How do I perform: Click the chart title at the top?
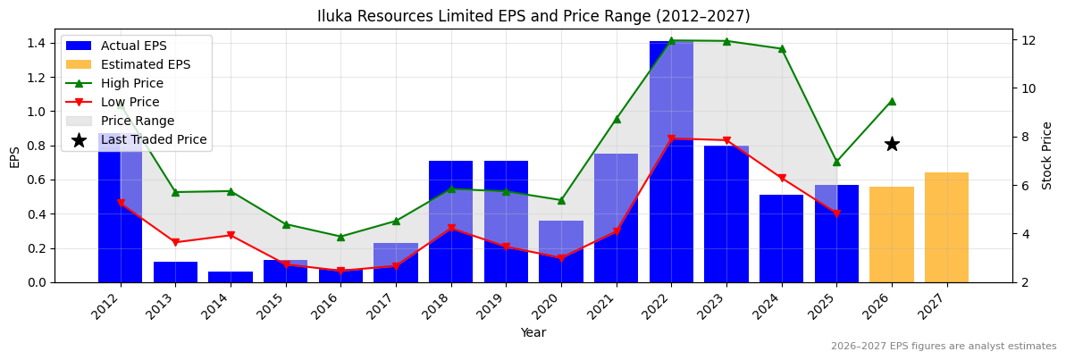coord(533,16)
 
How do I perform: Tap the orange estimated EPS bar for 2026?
coord(891,234)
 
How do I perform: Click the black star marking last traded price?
coord(892,144)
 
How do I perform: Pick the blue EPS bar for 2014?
coord(231,277)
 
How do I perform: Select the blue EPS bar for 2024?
coord(781,239)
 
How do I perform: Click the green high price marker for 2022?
coord(671,41)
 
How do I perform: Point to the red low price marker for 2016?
coord(340,271)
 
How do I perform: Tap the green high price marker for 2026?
coord(892,101)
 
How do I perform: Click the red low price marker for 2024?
coord(782,178)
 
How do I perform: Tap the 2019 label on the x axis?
coord(500,307)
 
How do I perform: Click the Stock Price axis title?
coord(1047,155)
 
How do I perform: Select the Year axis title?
coord(533,332)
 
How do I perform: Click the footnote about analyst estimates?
coord(943,347)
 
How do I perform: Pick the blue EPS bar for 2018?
coord(450,222)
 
